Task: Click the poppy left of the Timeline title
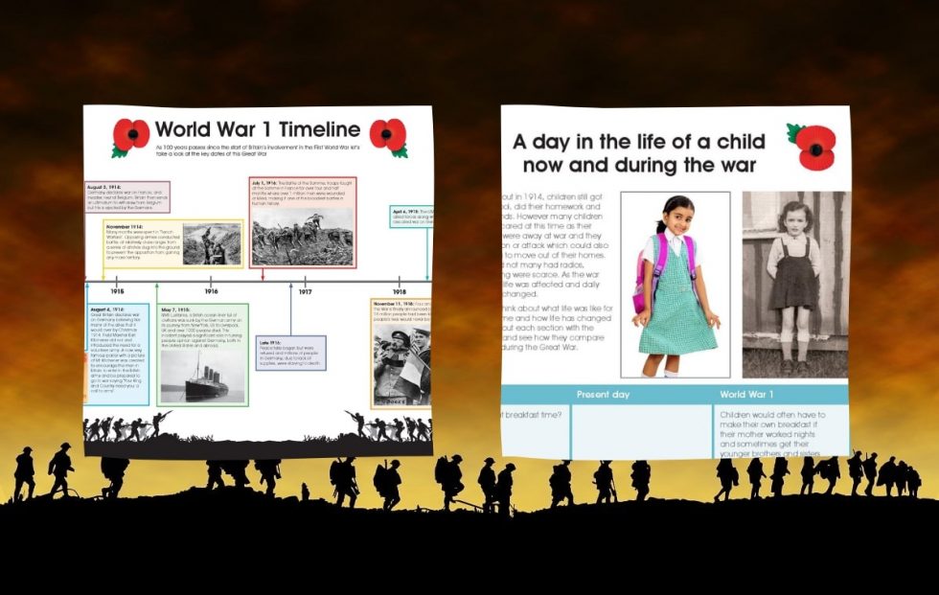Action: tap(131, 135)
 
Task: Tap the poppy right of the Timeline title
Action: tap(388, 135)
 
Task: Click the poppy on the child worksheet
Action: tap(814, 146)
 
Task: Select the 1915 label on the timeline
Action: tap(117, 291)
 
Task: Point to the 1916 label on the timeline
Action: tap(211, 291)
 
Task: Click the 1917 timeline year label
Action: tap(305, 291)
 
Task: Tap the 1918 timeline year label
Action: tap(399, 291)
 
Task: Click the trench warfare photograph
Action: tap(212, 244)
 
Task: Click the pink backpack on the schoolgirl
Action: tap(644, 272)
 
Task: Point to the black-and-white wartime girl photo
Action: tap(794, 285)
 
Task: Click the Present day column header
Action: tap(606, 394)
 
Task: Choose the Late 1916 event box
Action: tap(290, 353)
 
